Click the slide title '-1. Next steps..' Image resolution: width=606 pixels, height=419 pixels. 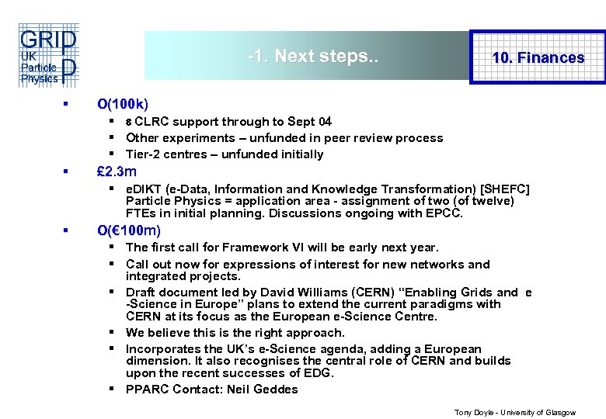click(312, 56)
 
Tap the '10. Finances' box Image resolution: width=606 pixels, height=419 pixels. click(538, 57)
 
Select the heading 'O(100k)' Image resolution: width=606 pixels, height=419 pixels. click(123, 103)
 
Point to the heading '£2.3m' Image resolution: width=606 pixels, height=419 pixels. click(117, 171)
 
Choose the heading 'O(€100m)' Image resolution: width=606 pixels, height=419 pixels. click(129, 230)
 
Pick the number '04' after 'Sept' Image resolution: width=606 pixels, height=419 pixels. click(323, 122)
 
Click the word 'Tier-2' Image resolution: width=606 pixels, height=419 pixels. click(143, 154)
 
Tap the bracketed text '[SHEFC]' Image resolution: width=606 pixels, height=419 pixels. click(506, 189)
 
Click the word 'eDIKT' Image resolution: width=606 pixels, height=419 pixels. click(143, 189)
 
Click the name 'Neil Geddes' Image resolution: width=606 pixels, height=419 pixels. click(263, 390)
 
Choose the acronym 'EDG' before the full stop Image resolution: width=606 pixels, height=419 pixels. click(319, 373)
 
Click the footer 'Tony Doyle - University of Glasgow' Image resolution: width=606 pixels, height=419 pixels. click(514, 413)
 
